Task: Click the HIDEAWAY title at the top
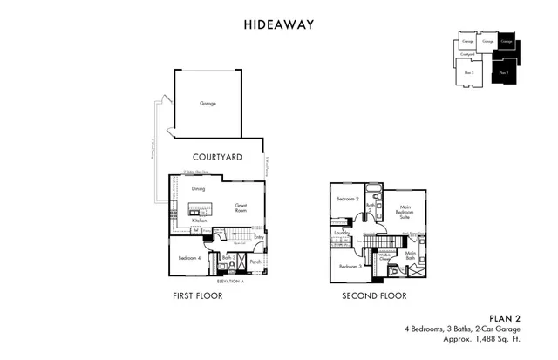[x=278, y=24]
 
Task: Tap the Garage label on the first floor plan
[x=208, y=103]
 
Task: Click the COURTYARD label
[x=217, y=157]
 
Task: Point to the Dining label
[x=199, y=188]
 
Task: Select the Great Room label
[x=242, y=208]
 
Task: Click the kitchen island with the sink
[x=199, y=209]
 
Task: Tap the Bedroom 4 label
[x=189, y=258]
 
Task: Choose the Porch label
[x=255, y=261]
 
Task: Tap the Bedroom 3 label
[x=350, y=266]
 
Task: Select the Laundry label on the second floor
[x=342, y=234]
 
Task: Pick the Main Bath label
[x=410, y=255]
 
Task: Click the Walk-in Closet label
[x=385, y=256]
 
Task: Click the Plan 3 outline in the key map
[x=469, y=73]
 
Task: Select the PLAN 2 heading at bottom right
[x=505, y=319]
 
